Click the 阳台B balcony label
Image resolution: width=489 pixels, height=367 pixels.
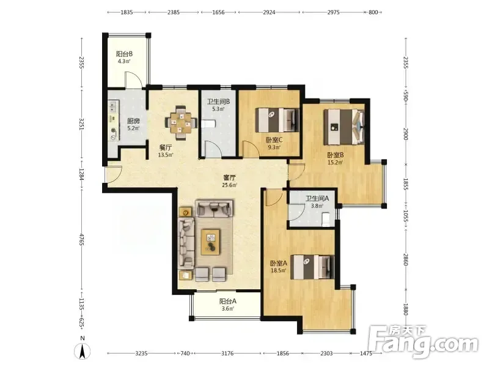pyautogui.click(x=124, y=54)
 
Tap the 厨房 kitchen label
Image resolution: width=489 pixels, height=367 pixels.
pyautogui.click(x=133, y=121)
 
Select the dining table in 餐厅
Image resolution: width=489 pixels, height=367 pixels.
pyautogui.click(x=181, y=123)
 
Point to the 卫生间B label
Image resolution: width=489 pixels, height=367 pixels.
pyautogui.click(x=219, y=102)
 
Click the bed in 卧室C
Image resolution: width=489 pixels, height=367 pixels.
pyautogui.click(x=277, y=120)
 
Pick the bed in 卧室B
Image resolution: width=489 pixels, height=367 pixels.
pyautogui.click(x=344, y=127)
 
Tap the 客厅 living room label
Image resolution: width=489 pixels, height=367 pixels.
pyautogui.click(x=230, y=177)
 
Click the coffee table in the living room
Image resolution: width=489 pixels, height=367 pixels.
pyautogui.click(x=211, y=242)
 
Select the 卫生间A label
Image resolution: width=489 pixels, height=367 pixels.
pyautogui.click(x=317, y=198)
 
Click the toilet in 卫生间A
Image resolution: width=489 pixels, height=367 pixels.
pyautogui.click(x=326, y=219)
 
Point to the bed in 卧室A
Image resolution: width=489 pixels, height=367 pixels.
pyautogui.click(x=312, y=267)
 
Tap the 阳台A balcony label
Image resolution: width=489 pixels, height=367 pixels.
pyautogui.click(x=227, y=302)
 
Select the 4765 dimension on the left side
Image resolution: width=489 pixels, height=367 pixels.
pyautogui.click(x=82, y=239)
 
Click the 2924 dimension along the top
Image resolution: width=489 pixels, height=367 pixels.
pyautogui.click(x=269, y=12)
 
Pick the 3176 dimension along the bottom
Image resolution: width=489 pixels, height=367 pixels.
pyautogui.click(x=227, y=354)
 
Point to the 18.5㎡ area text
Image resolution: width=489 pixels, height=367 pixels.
pyautogui.click(x=279, y=270)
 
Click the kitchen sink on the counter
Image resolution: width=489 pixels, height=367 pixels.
pyautogui.click(x=113, y=106)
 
